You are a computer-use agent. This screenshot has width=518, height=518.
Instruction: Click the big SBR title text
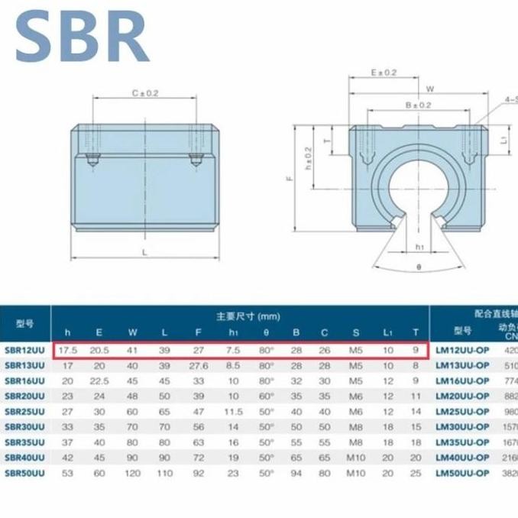[81, 36]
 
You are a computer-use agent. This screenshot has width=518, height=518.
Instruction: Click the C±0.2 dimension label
[144, 93]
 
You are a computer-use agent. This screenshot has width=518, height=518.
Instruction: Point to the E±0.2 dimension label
[384, 73]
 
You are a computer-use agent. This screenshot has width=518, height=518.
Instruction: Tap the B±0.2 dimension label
[419, 105]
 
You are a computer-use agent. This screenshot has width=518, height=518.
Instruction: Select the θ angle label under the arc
[419, 267]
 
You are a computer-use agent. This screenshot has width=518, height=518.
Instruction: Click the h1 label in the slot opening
[419, 248]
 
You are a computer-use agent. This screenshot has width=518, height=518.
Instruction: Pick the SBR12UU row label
[24, 351]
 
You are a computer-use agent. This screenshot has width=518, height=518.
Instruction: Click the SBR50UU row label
[24, 472]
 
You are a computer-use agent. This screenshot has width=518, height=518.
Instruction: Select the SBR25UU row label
[24, 411]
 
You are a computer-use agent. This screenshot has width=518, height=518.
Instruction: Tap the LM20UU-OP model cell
[462, 396]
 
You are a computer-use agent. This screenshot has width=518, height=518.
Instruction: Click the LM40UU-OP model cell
[462, 457]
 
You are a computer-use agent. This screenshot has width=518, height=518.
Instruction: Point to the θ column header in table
[266, 332]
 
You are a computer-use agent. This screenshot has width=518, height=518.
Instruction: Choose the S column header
[355, 332]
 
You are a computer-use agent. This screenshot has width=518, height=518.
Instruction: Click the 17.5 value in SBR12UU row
[67, 351]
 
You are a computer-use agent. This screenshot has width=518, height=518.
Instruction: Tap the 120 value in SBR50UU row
[133, 472]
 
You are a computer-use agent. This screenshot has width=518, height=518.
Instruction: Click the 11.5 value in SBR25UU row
[233, 411]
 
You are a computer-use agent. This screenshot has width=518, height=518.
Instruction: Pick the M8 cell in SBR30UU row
[355, 426]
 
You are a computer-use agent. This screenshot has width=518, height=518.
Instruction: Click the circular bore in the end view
[419, 192]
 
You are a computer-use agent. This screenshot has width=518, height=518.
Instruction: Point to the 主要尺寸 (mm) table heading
[248, 316]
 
